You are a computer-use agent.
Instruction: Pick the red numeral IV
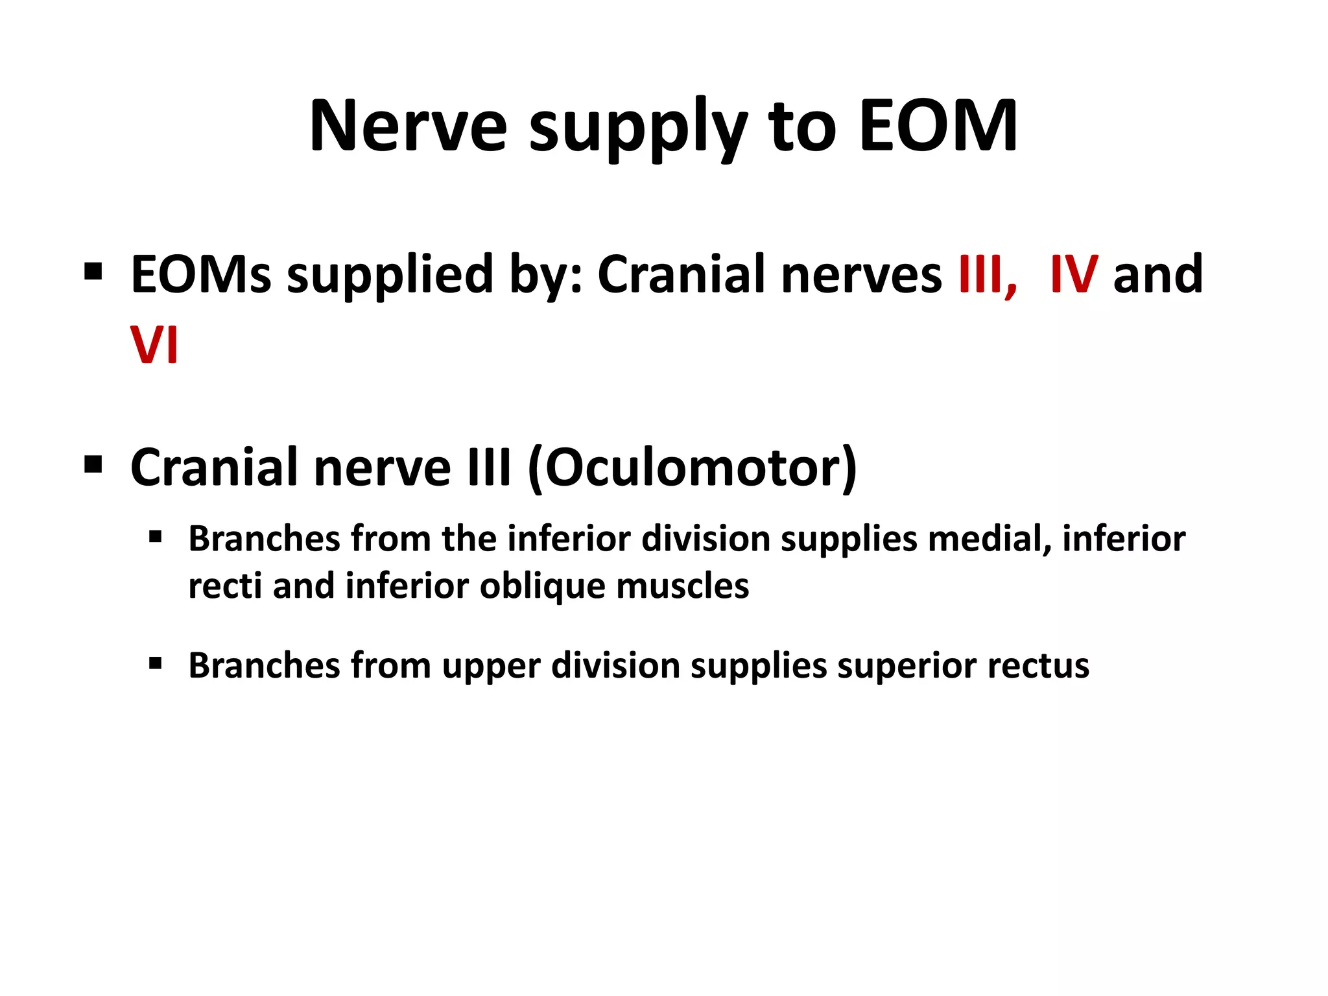(1074, 275)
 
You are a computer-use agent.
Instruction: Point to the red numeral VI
(154, 345)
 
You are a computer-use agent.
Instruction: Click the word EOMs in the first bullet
(200, 275)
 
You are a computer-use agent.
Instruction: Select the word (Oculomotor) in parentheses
(693, 468)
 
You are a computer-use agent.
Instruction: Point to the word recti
(224, 587)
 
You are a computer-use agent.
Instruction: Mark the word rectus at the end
(1039, 667)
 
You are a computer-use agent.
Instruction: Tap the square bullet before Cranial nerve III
(93, 464)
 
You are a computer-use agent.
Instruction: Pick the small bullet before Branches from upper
(155, 663)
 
